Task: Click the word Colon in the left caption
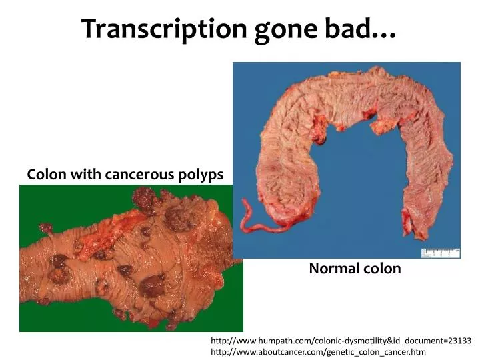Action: (x=45, y=175)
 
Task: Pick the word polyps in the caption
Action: (x=201, y=175)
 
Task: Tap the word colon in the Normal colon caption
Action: (x=383, y=269)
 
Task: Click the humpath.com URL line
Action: (x=341, y=339)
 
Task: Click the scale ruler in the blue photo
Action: (x=440, y=253)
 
